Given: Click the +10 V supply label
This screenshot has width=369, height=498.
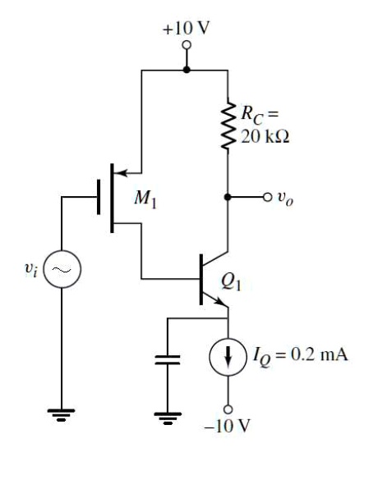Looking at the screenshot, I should click(187, 28).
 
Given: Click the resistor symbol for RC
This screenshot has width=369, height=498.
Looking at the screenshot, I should click(228, 124).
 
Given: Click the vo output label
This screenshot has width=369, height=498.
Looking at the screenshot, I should click(285, 198).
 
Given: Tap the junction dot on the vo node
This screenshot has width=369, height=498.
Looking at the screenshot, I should click(228, 198).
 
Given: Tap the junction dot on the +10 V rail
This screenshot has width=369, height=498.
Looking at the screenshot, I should click(187, 70).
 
